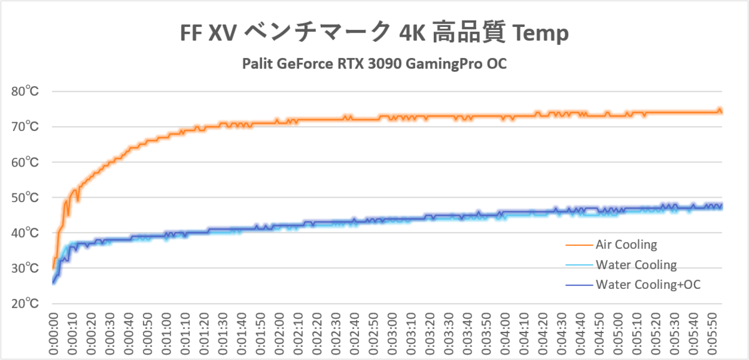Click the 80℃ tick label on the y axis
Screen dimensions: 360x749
[26, 92]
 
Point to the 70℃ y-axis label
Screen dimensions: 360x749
[26, 127]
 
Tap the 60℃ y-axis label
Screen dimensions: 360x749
[26, 162]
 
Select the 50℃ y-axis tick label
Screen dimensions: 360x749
[26, 198]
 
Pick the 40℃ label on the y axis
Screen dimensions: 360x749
[26, 233]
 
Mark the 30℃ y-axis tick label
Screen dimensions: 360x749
[26, 268]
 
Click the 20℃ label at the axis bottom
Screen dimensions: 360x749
[26, 304]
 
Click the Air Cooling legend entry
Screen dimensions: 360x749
[626, 244]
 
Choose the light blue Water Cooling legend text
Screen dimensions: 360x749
[636, 265]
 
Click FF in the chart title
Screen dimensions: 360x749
[192, 34]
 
